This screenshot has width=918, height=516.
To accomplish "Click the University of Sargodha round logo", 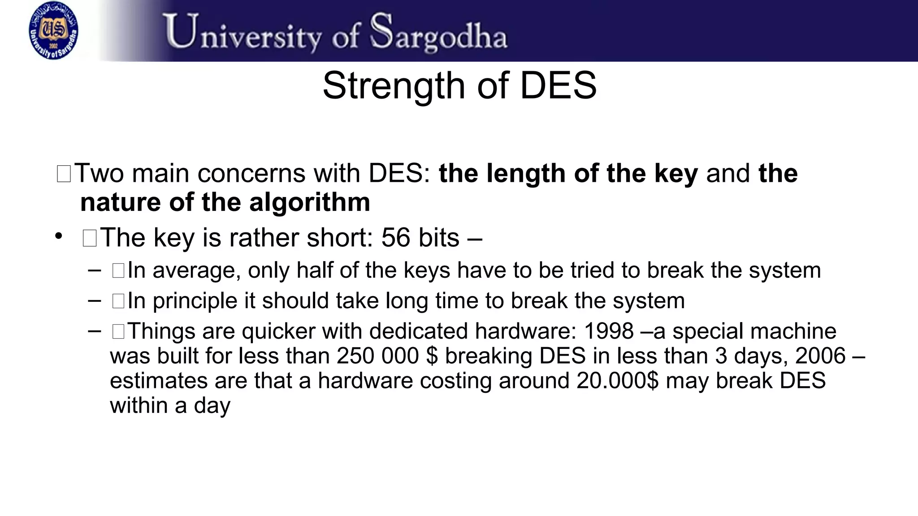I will pyautogui.click(x=53, y=30).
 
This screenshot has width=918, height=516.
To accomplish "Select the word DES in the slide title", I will pyautogui.click(x=558, y=86).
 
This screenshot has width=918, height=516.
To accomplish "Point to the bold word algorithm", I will pyautogui.click(x=309, y=202).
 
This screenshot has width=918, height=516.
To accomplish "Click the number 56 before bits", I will pyautogui.click(x=395, y=237).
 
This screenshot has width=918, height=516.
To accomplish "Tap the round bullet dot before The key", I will pyautogui.click(x=58, y=236).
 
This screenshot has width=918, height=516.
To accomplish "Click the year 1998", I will pyautogui.click(x=609, y=331).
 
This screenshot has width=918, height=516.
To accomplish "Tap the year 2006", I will pyautogui.click(x=820, y=356).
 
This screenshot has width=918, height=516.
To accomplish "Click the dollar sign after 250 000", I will pyautogui.click(x=432, y=356).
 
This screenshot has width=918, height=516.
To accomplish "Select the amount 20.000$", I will pyautogui.click(x=617, y=381).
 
